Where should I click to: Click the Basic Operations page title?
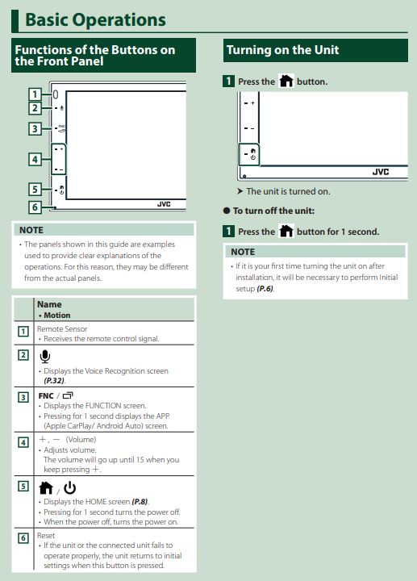click(x=95, y=19)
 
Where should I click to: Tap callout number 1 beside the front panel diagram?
click(x=35, y=94)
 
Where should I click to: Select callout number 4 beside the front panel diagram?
click(x=35, y=159)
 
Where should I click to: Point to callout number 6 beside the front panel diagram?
click(x=35, y=207)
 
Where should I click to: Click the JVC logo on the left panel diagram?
click(x=164, y=204)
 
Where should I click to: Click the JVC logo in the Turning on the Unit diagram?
click(x=381, y=172)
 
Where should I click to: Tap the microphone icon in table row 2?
click(x=45, y=357)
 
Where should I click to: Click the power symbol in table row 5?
click(x=69, y=488)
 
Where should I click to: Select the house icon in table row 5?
click(x=46, y=488)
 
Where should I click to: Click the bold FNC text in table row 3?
click(x=46, y=395)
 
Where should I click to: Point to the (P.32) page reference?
click(x=54, y=381)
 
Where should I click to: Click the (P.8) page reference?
click(x=140, y=502)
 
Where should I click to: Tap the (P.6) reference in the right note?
click(x=265, y=289)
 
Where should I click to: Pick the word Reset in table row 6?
click(x=46, y=536)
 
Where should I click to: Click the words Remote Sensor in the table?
click(x=62, y=328)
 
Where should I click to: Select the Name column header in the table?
click(x=49, y=304)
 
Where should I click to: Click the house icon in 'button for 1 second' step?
click(x=286, y=231)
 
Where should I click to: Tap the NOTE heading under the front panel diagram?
click(x=31, y=230)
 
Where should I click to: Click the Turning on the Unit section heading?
click(x=282, y=50)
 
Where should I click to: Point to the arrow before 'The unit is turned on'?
click(x=240, y=191)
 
